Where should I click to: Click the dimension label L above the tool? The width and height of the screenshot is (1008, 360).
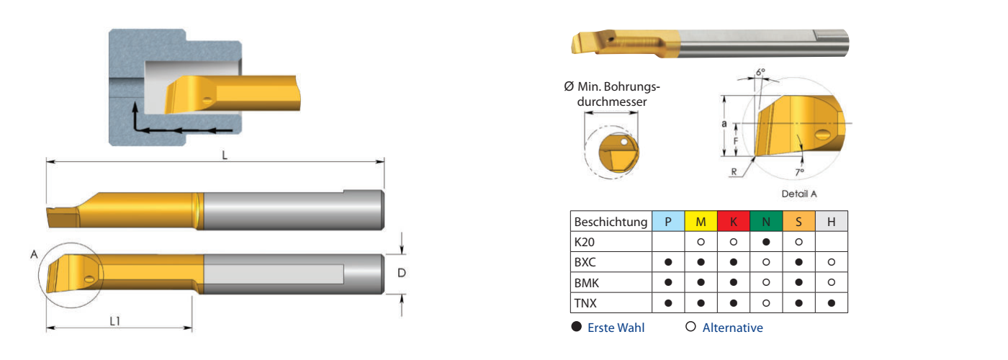(225, 156)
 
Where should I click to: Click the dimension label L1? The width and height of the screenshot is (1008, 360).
(115, 321)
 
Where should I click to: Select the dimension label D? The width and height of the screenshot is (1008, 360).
(402, 274)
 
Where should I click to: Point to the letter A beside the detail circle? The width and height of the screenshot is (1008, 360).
(34, 253)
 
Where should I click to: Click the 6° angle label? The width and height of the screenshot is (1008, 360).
(760, 72)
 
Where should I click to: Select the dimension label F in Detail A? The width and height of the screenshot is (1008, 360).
(734, 141)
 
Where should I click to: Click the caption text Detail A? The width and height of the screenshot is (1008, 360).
(799, 194)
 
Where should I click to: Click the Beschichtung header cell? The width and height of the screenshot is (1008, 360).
(611, 222)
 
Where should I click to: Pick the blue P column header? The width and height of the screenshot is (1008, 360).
(668, 222)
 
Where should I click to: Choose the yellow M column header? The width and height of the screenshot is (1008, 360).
(701, 222)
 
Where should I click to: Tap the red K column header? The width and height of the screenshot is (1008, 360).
(733, 222)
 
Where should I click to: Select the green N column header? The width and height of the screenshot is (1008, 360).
(766, 222)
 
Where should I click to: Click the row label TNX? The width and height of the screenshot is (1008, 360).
(585, 303)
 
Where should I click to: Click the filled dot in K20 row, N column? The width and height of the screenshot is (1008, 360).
(766, 242)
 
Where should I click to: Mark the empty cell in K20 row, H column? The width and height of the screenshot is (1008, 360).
(831, 242)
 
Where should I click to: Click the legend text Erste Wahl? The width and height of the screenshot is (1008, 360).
(616, 328)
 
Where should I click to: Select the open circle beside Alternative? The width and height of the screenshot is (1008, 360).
(690, 327)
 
